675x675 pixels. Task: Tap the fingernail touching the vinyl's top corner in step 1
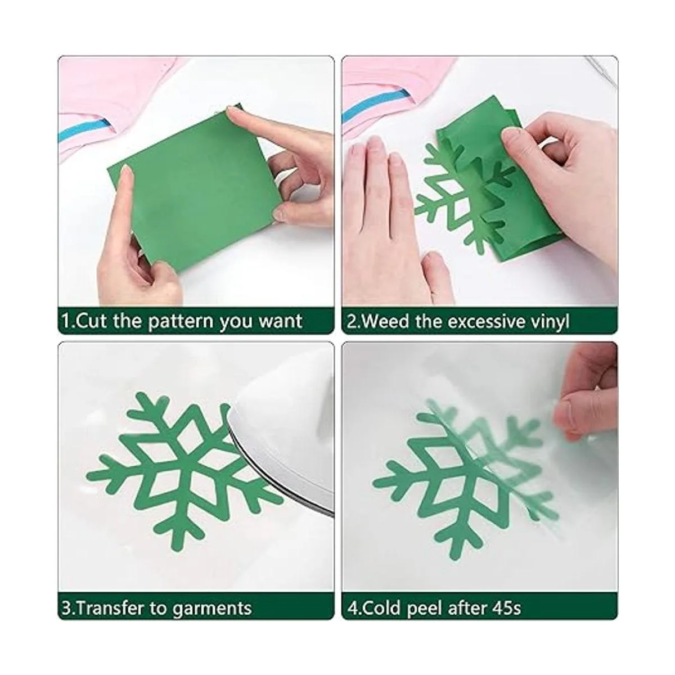(234, 111)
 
